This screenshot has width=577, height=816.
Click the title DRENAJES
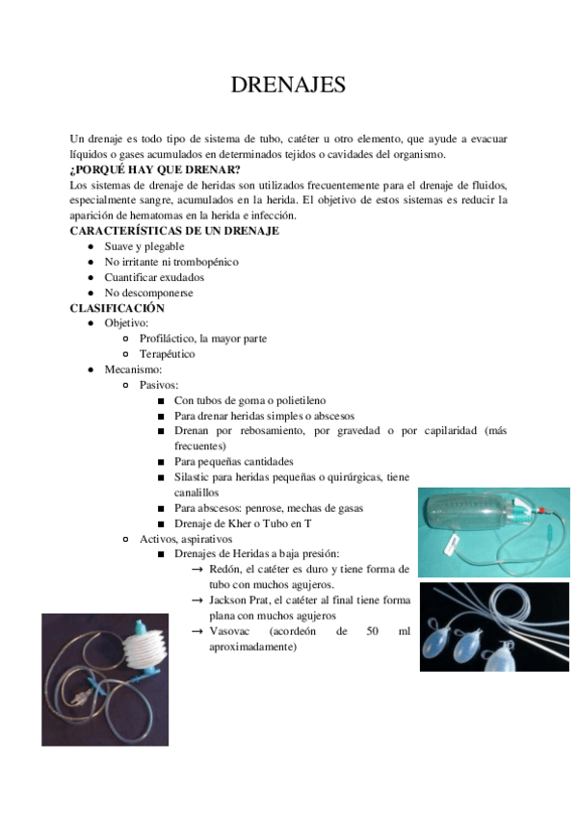coord(288,86)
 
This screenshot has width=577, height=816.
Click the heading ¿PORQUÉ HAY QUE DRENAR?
coord(155,169)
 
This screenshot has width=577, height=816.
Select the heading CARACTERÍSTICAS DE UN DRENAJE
coord(174,231)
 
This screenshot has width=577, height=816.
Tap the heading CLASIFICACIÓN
coord(118,308)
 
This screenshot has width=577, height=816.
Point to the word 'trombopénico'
coord(205,262)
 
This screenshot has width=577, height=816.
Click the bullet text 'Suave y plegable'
coord(144,246)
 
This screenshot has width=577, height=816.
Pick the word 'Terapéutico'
coord(167,354)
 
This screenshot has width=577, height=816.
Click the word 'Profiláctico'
coord(167,339)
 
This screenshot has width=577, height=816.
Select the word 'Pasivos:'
coord(159,385)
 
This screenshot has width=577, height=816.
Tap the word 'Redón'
coord(224,570)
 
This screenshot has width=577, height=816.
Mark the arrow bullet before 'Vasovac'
coord(197,631)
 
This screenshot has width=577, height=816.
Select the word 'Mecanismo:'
coord(133,370)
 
